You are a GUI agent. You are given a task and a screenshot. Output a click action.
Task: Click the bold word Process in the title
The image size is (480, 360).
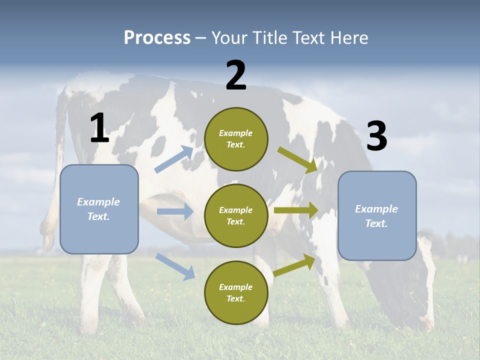157,38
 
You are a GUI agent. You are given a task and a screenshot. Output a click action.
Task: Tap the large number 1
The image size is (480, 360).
99,128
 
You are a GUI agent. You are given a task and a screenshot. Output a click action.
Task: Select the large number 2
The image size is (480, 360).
236,75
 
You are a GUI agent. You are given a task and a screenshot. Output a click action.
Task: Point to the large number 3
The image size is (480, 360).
376,136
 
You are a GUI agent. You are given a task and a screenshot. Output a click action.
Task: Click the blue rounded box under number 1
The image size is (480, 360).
99,209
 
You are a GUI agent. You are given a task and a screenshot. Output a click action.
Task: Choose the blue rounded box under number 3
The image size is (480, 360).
377,215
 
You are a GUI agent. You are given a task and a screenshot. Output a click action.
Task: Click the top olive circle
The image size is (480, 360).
236,139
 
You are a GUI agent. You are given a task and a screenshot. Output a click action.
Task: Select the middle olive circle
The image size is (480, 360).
236,215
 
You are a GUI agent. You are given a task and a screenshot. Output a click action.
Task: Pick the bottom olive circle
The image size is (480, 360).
236,292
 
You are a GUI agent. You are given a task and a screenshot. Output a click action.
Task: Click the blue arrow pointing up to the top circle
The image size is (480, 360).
174,159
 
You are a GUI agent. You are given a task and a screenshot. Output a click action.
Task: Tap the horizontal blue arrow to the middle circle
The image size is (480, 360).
175,211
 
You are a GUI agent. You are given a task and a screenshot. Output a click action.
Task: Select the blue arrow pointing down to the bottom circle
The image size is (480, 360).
175,266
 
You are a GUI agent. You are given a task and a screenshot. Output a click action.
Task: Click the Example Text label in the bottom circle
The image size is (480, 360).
236,293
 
